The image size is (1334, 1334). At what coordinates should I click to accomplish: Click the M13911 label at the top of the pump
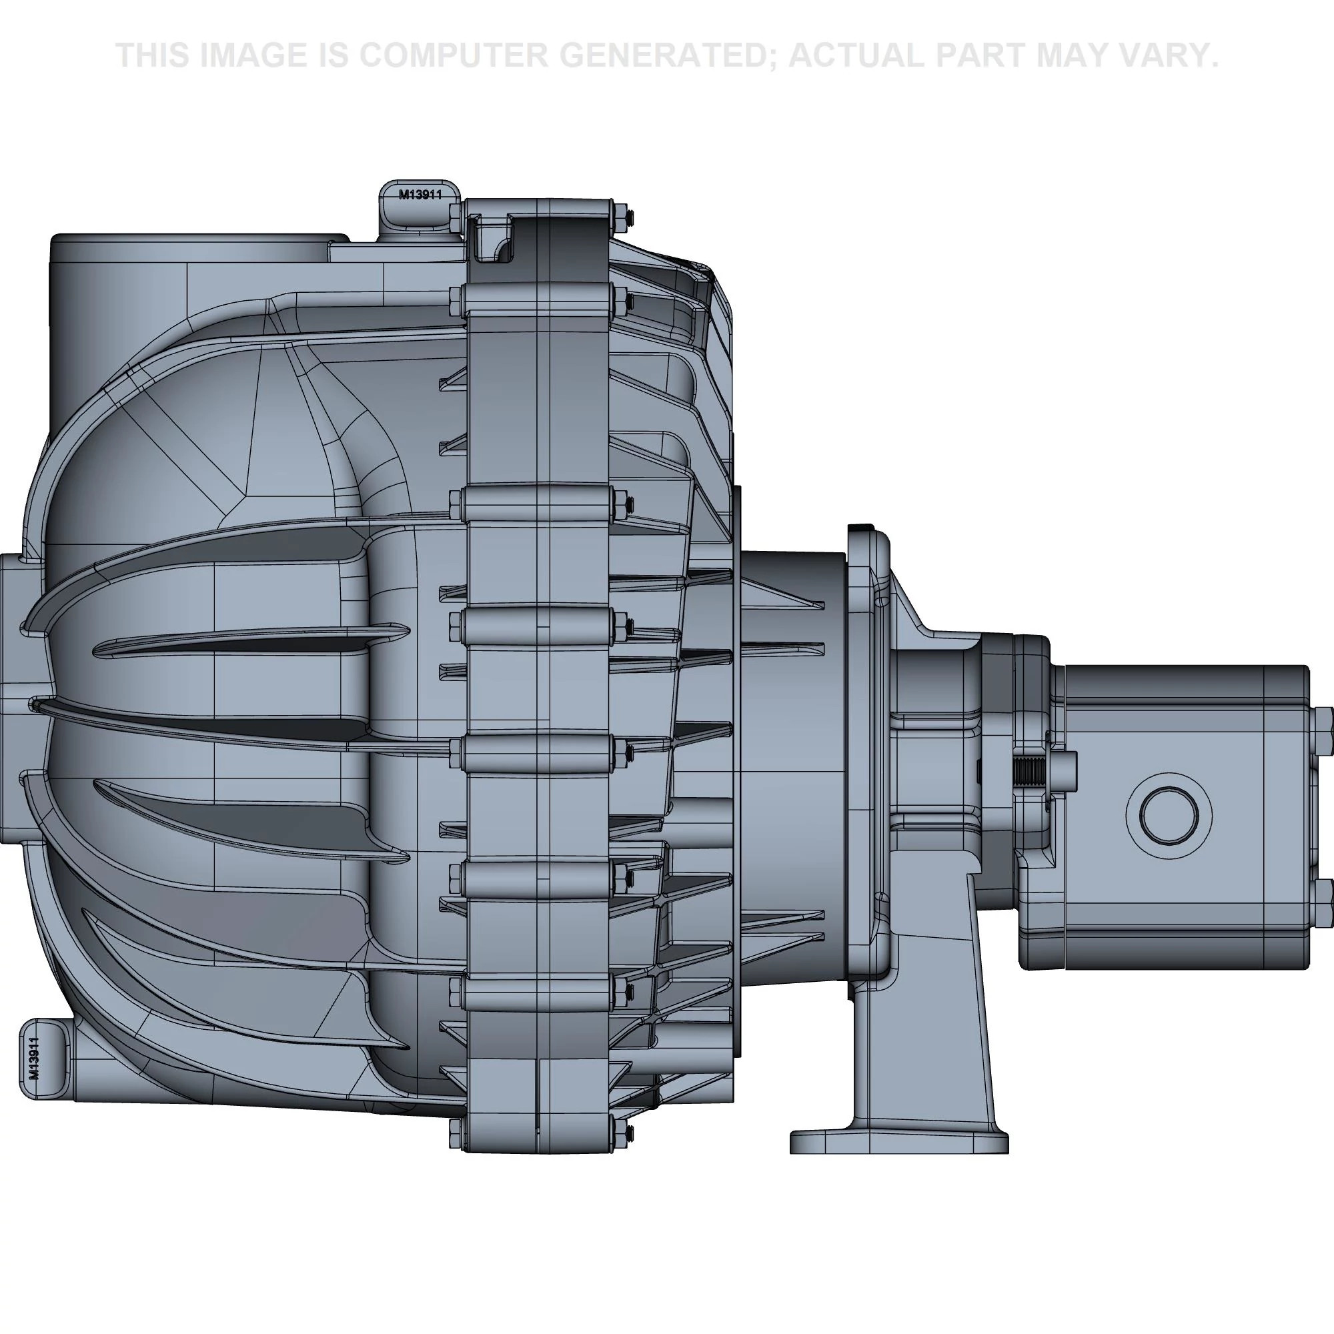tap(420, 195)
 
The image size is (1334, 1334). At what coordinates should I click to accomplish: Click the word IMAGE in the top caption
tap(252, 55)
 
